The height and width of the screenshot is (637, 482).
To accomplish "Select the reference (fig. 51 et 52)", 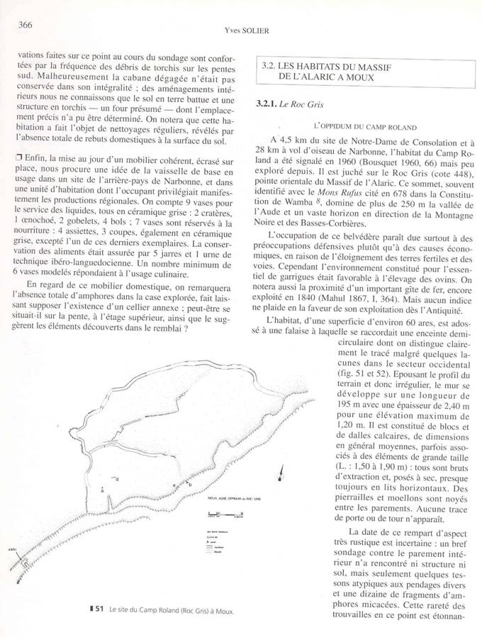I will click(367, 374).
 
